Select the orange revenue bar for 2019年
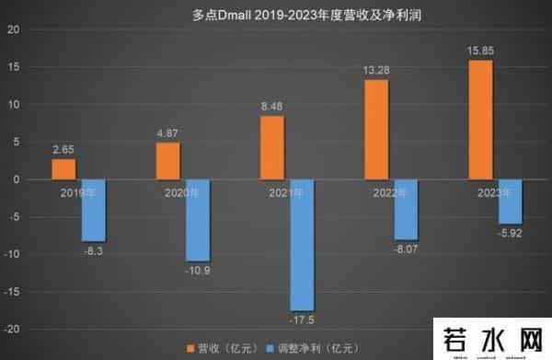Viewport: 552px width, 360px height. pos(63,169)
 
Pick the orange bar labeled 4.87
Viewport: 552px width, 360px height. pos(167,161)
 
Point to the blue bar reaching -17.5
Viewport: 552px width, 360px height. pos(302,245)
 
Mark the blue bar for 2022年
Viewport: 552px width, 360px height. pos(406,210)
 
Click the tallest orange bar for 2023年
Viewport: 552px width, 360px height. pos(481,120)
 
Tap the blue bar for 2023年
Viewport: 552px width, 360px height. pos(511,202)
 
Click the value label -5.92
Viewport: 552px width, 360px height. pos(512,234)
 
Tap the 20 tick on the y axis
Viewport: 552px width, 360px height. pos(12,29)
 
